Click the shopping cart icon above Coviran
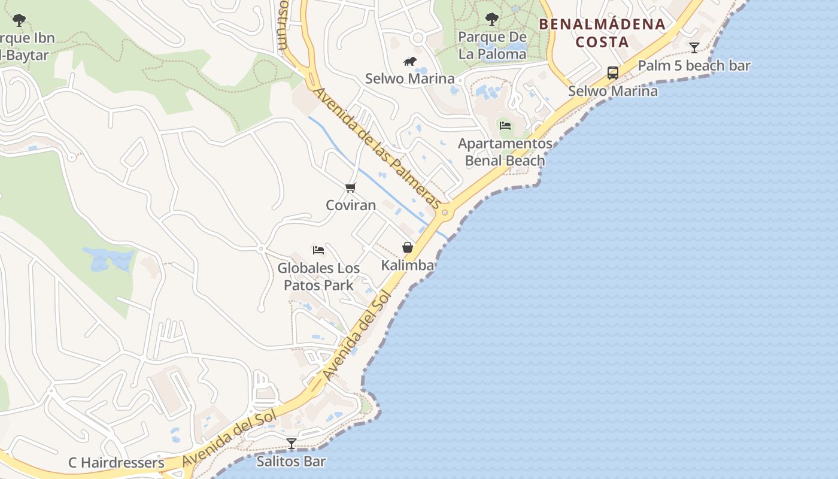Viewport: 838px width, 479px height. pos(351,188)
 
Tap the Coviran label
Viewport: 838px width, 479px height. pos(351,205)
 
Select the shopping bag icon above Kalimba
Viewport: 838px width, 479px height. pos(408,247)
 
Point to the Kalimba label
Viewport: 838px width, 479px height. pos(408,265)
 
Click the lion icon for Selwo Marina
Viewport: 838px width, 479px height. pos(410,62)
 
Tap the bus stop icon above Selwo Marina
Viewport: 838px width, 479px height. pos(613,73)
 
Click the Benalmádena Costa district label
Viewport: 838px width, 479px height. pos(602,33)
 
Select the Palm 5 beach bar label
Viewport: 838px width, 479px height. pos(694,66)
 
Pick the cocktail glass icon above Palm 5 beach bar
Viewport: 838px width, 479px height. pos(694,48)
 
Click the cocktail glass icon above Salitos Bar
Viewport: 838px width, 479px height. pos(292,444)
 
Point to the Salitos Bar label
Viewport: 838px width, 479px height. pos(291,461)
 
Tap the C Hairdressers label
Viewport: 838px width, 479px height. pos(116,463)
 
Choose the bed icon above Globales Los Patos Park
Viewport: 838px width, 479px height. pos(318,250)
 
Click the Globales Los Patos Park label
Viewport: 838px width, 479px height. pos(318,277)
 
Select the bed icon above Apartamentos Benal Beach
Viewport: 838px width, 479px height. pos(505,126)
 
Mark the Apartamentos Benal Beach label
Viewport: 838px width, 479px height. pos(505,152)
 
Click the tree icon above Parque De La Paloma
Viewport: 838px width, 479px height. pos(492,19)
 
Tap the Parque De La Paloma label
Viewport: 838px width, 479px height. pos(492,46)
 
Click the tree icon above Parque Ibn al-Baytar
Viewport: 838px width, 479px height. pos(19,20)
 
